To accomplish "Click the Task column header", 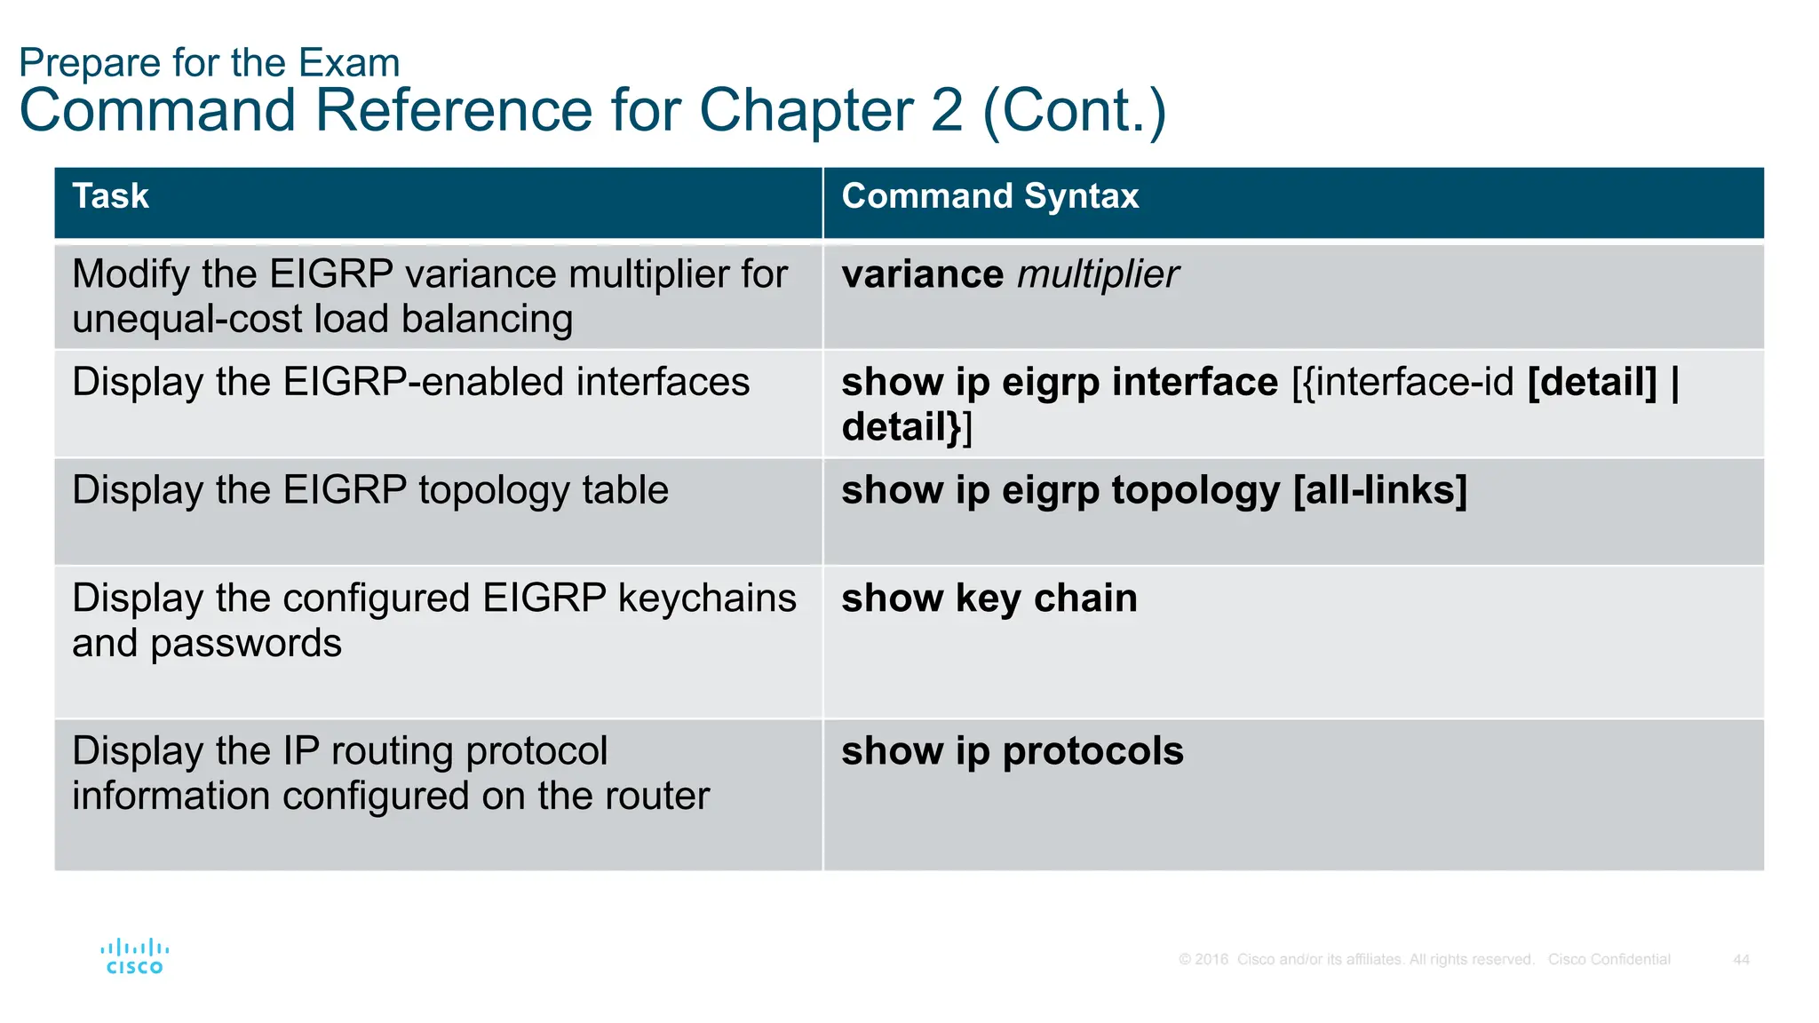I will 110,196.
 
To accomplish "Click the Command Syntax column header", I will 989,196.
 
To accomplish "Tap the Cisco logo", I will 134,957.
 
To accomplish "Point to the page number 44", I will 1741,960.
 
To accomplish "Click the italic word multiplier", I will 1098,274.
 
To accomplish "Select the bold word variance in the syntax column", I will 922,274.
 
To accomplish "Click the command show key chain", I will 989,599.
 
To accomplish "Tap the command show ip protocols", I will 1012,751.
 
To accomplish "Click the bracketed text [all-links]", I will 1379,490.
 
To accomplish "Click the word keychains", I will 707,599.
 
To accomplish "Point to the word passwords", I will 246,644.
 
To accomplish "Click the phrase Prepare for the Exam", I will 210,63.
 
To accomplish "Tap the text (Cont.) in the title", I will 1074,110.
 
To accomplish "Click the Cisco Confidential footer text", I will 1609,960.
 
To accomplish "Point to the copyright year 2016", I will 1211,960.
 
